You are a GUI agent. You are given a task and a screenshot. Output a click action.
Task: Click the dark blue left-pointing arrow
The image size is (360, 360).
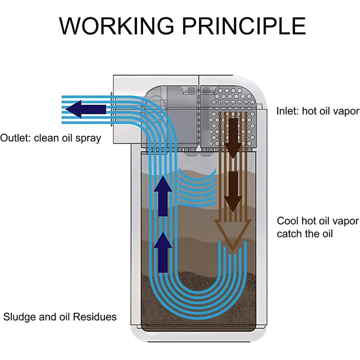pyautogui.click(x=89, y=109)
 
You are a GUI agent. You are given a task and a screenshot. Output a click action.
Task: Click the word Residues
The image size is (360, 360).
pyautogui.click(x=96, y=317)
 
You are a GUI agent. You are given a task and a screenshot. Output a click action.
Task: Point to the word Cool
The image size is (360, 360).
pyautogui.click(x=287, y=221)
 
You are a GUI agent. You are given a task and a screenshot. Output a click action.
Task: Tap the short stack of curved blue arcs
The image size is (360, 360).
pyautogui.click(x=198, y=184)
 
